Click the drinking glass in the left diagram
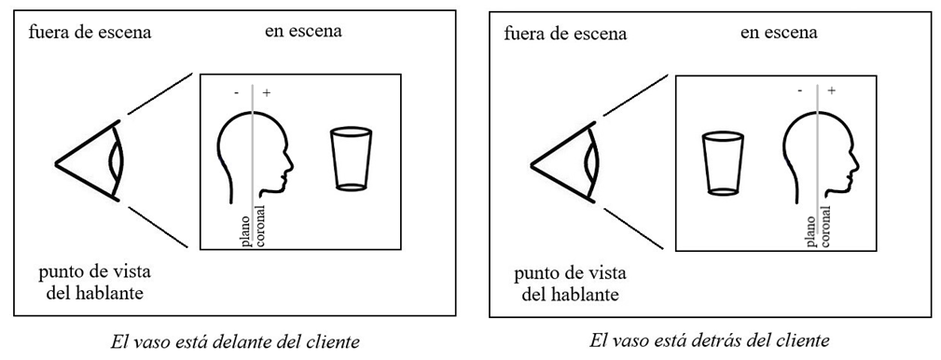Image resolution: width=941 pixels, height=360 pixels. pyautogui.click(x=351, y=159)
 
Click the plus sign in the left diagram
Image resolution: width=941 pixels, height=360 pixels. pyautogui.click(x=267, y=93)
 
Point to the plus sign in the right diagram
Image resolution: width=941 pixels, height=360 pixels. pyautogui.click(x=831, y=90)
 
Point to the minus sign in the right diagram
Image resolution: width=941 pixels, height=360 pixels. pyautogui.click(x=800, y=90)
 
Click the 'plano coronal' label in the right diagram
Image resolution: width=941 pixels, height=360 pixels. pyautogui.click(x=816, y=225)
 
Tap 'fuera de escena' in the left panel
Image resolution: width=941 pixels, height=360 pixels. pyautogui.click(x=90, y=34)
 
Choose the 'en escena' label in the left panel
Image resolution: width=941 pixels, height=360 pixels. pyautogui.click(x=303, y=32)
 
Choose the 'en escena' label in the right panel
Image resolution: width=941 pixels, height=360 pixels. pyautogui.click(x=779, y=33)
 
